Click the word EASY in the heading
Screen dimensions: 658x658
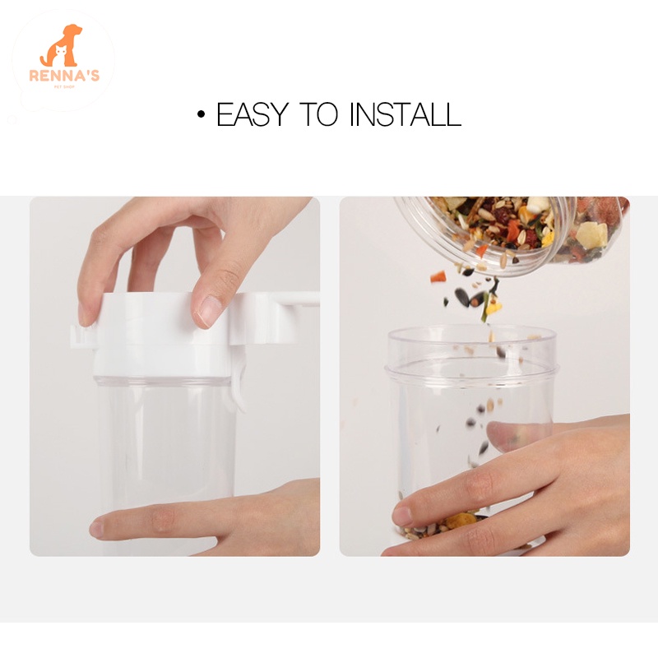pos(253,114)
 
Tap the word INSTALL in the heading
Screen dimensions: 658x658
pos(405,114)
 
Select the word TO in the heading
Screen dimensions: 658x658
pos(319,114)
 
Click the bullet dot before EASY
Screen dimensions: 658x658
pos(202,114)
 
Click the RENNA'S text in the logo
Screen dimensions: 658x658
pos(64,76)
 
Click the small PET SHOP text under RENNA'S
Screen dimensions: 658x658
pos(64,87)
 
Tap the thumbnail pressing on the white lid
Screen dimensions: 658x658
pos(209,310)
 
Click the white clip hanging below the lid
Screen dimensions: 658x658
pos(239,388)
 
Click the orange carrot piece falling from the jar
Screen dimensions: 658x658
pos(438,278)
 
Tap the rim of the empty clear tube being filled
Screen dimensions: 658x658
pos(471,334)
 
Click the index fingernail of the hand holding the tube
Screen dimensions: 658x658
pos(402,515)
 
